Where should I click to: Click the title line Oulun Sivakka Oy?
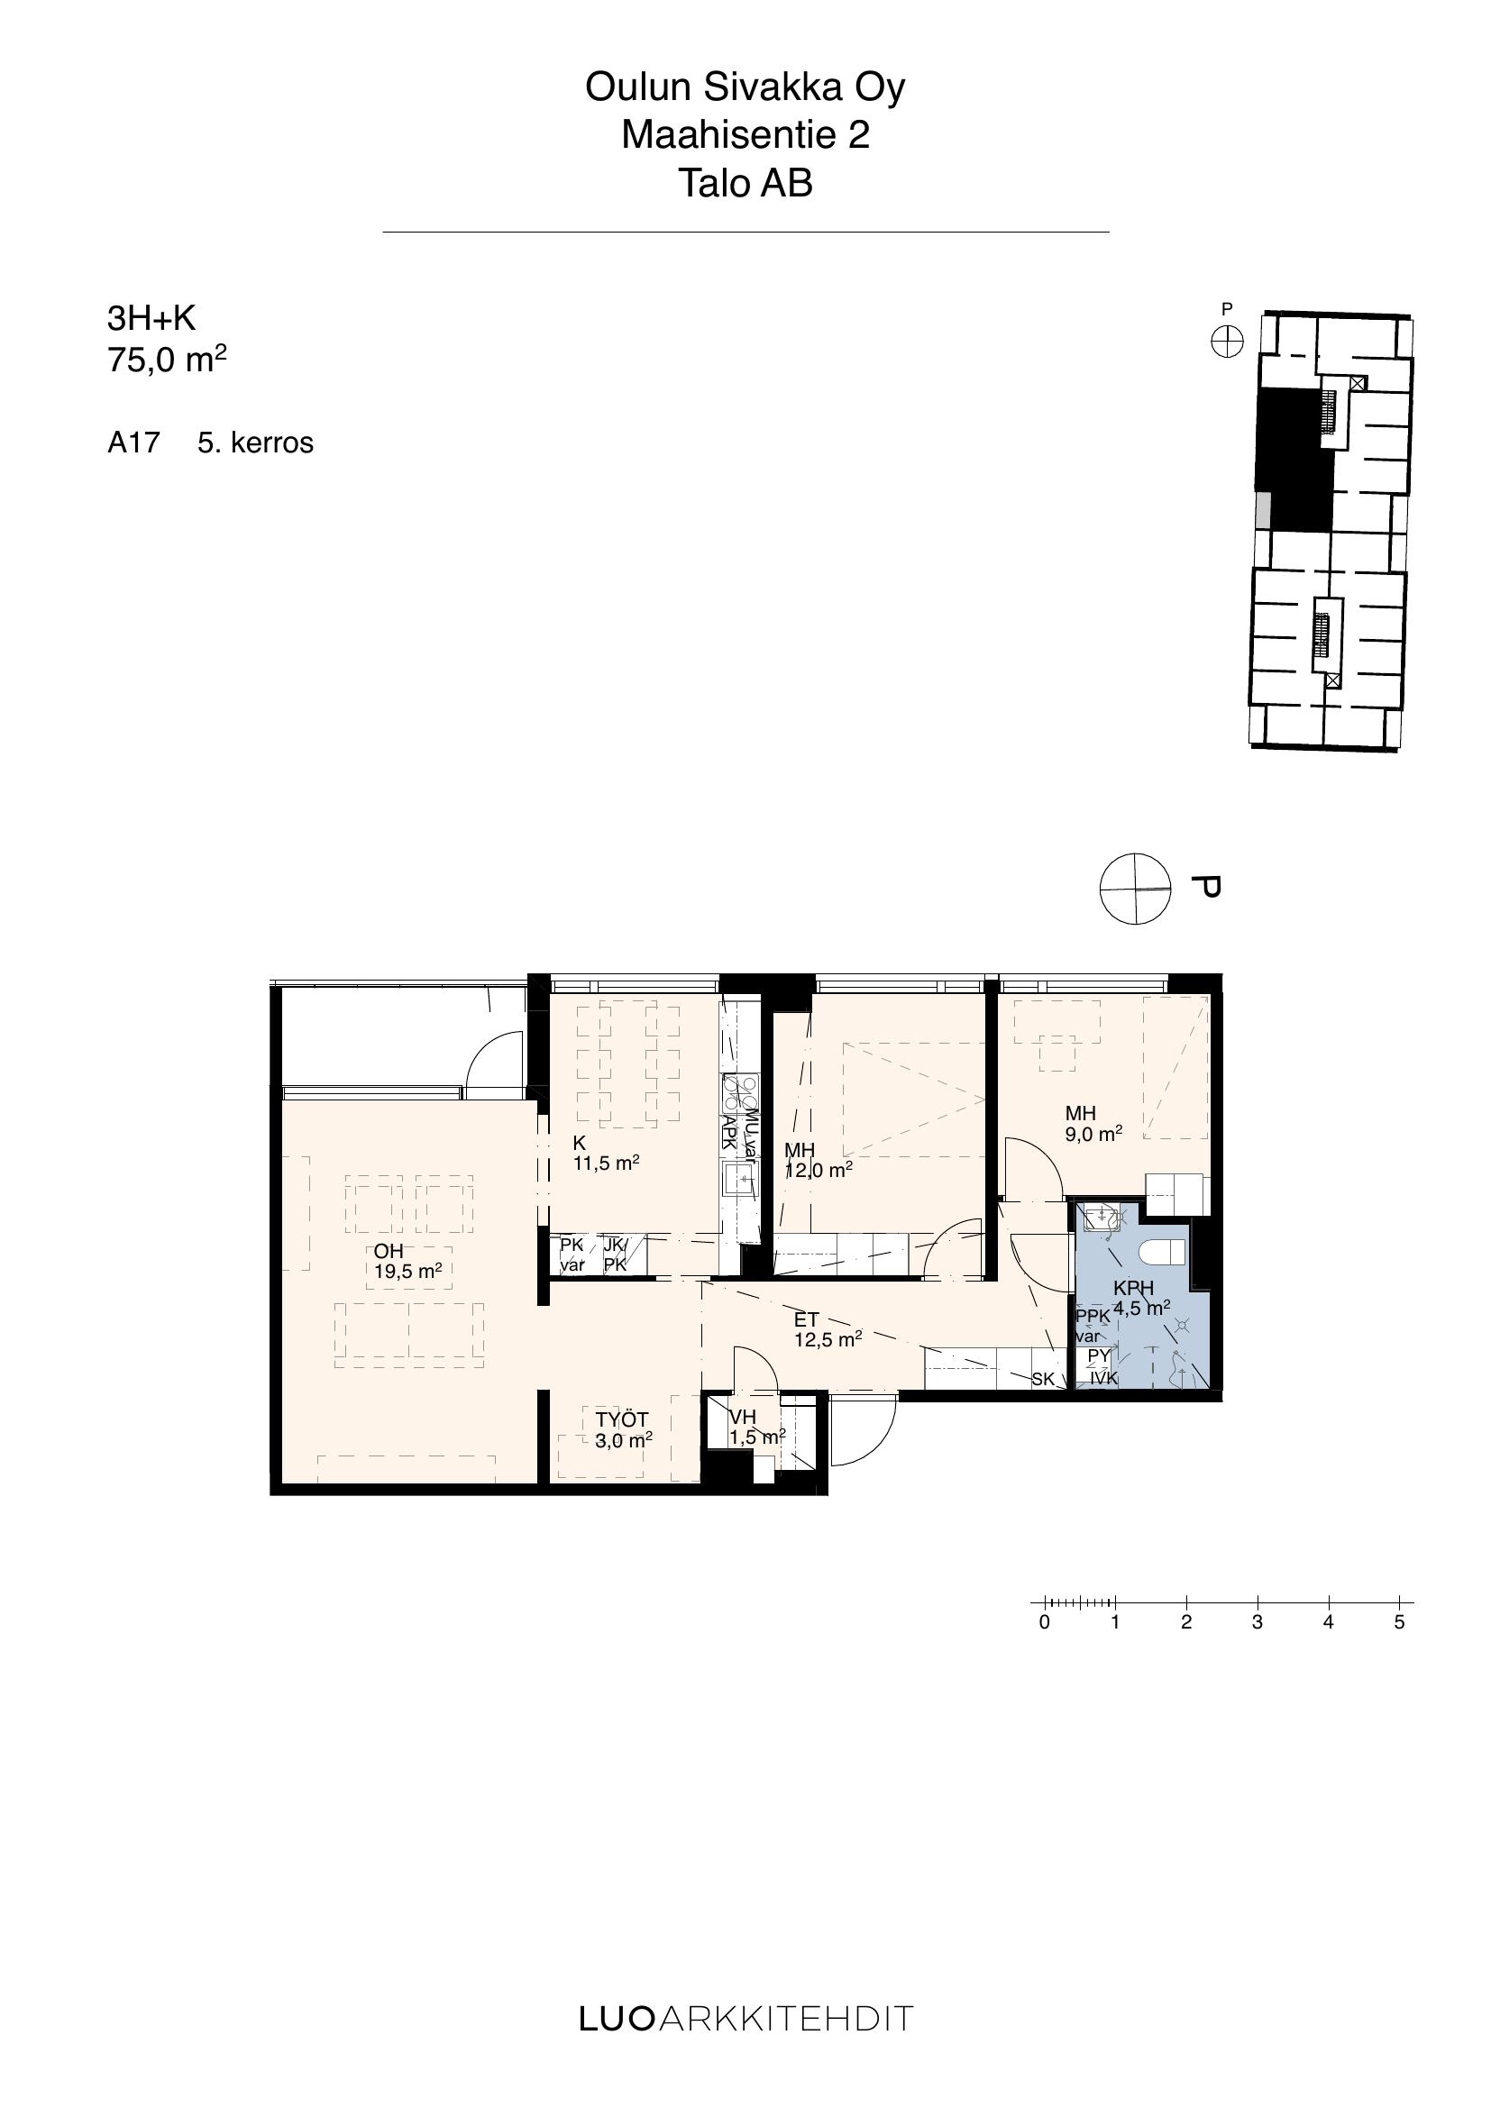pos(745,88)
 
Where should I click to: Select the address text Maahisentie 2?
pos(745,135)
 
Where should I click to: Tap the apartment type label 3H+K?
pos(151,317)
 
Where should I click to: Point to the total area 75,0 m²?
pos(167,360)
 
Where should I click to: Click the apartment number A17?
pos(134,443)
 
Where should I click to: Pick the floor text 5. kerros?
pos(255,443)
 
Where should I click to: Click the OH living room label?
pos(389,1252)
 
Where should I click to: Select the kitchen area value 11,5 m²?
pos(606,1164)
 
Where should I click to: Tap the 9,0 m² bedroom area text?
pos(1093,1134)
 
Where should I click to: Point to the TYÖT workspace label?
pos(622,1420)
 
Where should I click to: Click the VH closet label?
pos(742,1418)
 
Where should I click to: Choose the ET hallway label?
pos(806,1320)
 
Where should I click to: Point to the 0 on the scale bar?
pos(1044,1622)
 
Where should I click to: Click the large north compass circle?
pos(1136,889)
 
